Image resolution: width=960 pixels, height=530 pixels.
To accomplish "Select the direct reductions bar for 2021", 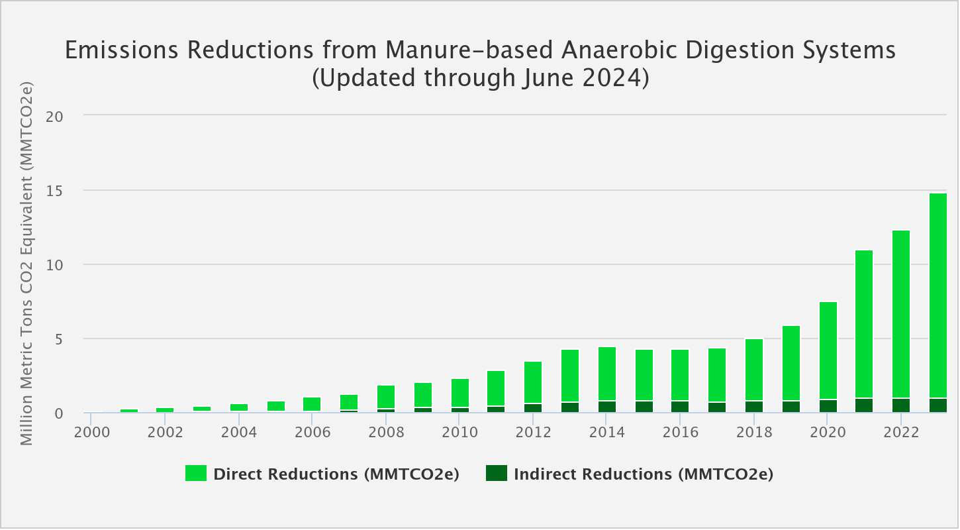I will tap(864, 324).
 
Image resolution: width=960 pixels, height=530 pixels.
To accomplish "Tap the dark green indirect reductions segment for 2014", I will tap(607, 407).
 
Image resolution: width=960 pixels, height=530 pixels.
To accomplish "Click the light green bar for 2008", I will tap(386, 397).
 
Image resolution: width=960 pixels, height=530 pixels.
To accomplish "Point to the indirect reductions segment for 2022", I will tap(901, 405).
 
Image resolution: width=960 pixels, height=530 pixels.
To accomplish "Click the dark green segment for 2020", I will tap(828, 406).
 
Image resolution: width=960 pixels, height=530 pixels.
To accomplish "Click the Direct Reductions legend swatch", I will tap(196, 474).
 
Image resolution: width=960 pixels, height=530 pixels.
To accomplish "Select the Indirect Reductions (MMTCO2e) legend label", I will tap(643, 474).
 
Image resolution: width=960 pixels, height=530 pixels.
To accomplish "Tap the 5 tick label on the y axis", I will tap(58, 339).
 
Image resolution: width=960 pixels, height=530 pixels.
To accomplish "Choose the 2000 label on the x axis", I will tap(91, 432).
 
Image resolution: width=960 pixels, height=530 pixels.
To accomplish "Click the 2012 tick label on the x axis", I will tap(534, 432).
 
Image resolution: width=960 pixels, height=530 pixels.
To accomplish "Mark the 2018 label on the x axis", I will tap(754, 432).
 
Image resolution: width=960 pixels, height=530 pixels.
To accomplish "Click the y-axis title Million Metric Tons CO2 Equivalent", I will tap(26, 264).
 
